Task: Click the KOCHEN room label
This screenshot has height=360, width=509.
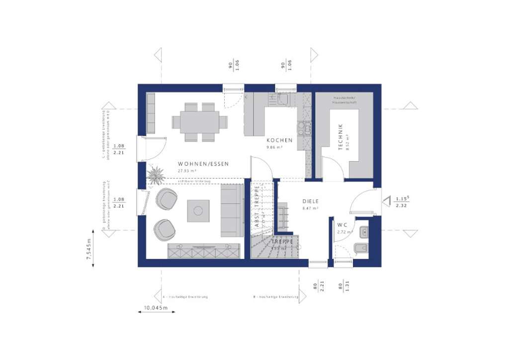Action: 279,140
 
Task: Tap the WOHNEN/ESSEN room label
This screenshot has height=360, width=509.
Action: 203,164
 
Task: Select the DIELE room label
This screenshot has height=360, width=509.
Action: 310,201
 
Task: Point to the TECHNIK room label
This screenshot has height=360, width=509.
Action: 340,137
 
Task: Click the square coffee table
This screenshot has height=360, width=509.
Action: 198,210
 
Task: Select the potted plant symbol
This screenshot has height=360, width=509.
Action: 156,175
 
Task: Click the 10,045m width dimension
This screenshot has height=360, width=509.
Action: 156,309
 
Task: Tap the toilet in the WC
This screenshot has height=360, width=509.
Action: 361,247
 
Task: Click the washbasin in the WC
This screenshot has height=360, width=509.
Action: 363,231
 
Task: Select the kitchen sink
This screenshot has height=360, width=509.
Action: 282,100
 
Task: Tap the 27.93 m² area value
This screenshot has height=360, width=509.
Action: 187,171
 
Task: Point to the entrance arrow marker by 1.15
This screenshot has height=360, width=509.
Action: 386,201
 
